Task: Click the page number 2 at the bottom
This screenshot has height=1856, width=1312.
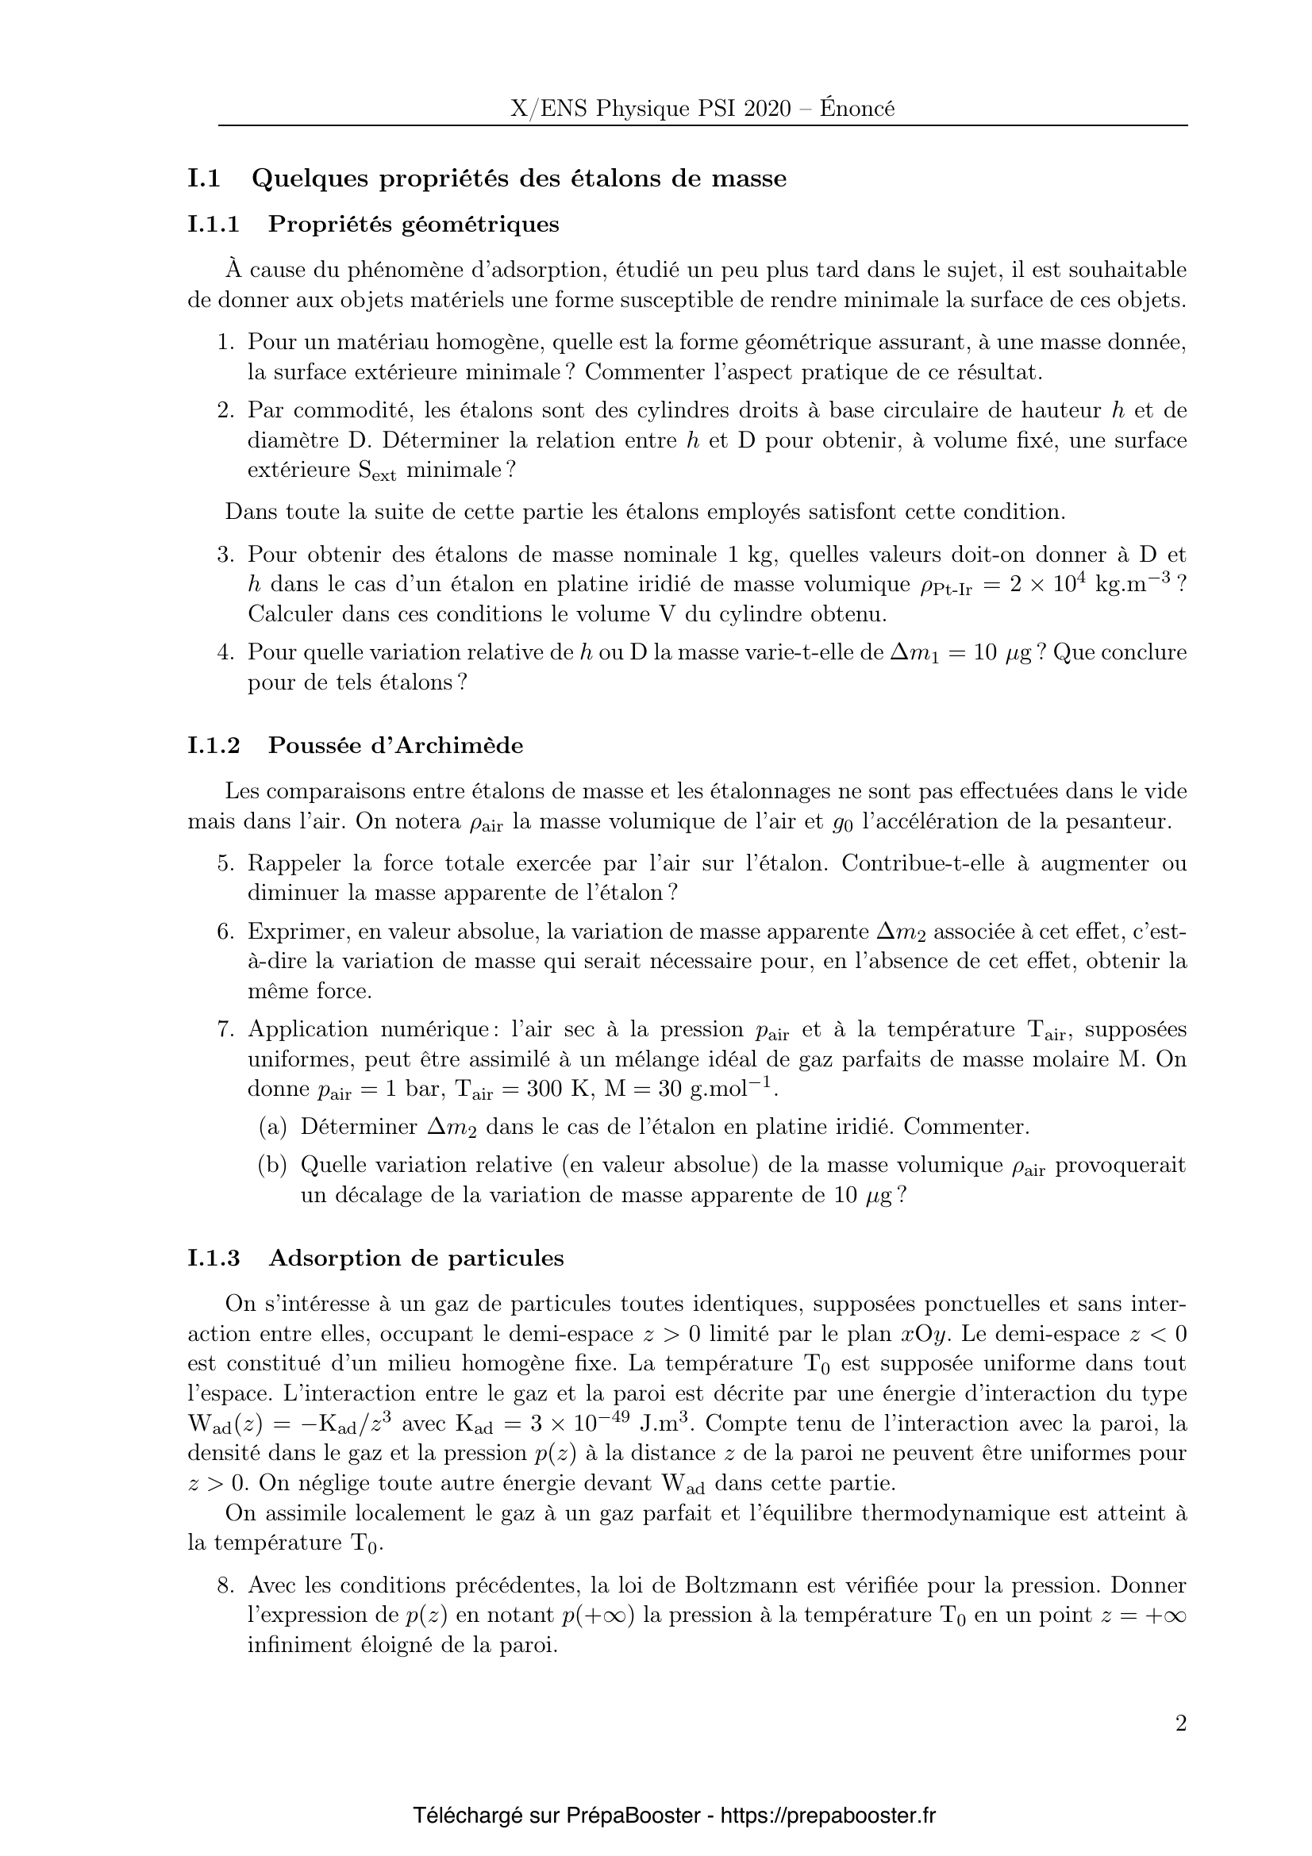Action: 1181,1724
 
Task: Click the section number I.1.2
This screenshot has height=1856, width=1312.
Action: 214,745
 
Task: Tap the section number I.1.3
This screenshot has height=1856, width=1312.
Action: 214,1258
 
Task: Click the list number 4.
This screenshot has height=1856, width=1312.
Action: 225,652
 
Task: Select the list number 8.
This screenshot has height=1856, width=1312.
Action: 225,1586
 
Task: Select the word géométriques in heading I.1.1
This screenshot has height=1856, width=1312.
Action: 479,224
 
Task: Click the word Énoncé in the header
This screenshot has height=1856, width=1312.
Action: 857,109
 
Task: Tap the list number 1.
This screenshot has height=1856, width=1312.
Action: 225,343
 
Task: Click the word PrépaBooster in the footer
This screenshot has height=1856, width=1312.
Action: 633,1816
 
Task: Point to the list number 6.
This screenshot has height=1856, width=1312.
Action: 225,932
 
